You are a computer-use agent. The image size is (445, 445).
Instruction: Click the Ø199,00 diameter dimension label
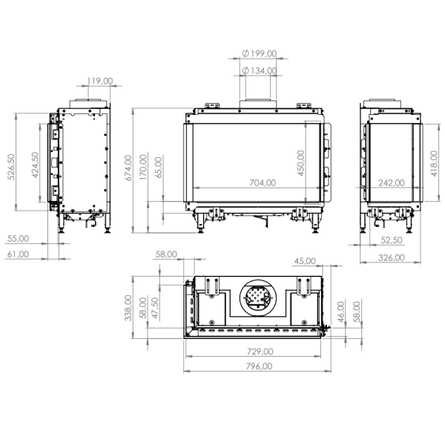260,53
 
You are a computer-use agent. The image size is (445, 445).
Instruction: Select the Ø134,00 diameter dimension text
260,71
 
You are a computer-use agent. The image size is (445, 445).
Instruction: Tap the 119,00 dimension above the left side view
99,81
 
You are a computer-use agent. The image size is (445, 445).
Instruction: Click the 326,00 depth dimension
390,257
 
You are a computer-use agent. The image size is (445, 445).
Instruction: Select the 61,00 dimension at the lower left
17,254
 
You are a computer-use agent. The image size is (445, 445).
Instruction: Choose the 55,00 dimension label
17,239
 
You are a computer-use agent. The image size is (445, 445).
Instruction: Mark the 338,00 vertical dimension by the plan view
128,307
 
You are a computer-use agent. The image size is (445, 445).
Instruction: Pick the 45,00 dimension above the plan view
305,261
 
